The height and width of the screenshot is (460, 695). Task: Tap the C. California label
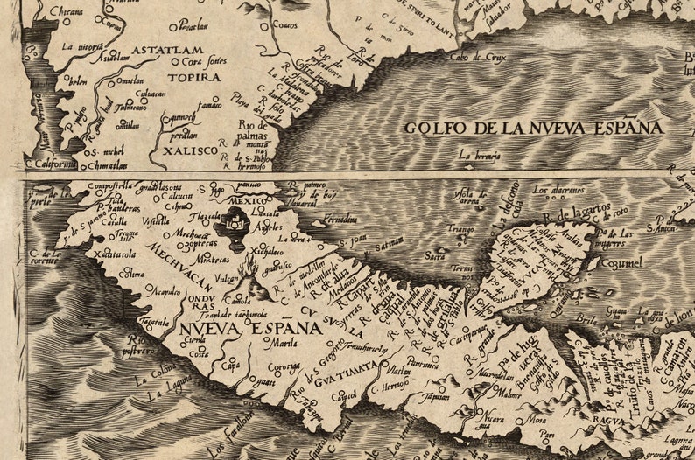[53, 162]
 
